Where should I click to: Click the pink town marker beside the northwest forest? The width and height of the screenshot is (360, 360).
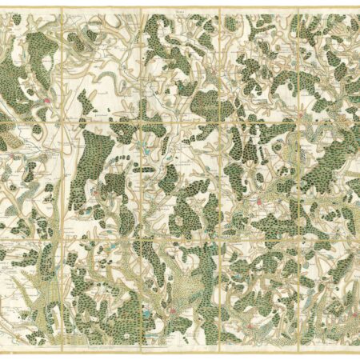pyautogui.click(x=47, y=101)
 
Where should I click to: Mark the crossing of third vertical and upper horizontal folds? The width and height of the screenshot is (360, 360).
pyautogui.click(x=220, y=121)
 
